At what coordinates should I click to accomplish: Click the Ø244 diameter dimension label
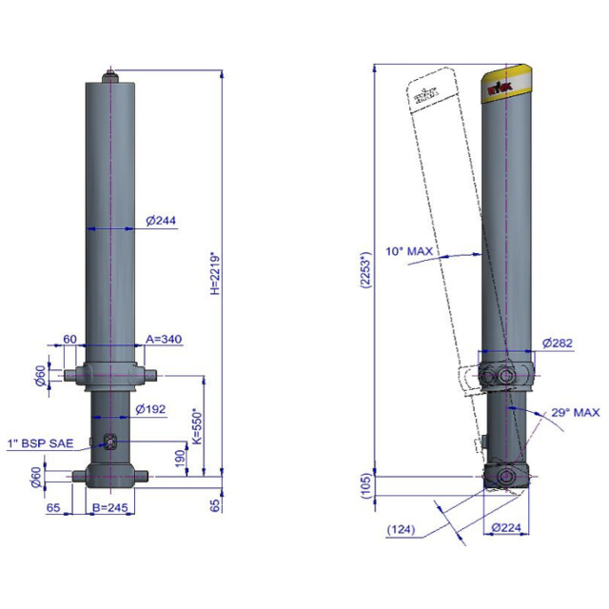point(162,221)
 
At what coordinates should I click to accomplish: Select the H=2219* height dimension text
point(215,273)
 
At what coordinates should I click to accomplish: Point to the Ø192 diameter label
point(152,409)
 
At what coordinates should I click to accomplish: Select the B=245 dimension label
point(112,509)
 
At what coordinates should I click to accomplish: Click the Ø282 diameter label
point(558,343)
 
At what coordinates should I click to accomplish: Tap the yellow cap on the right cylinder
point(507,80)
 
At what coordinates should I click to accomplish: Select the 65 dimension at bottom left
point(53,509)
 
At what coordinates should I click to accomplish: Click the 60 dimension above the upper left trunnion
point(69,339)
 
